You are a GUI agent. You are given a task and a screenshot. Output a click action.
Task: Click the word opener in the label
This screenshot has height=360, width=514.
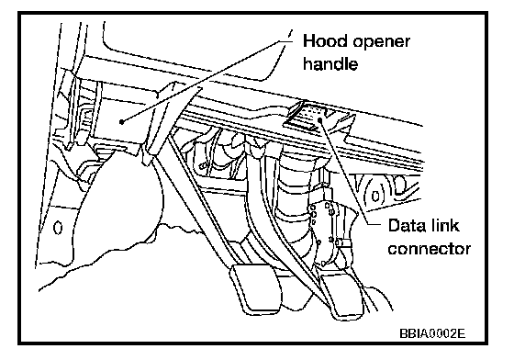382,43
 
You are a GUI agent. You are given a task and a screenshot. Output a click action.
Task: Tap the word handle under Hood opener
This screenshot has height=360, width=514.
330,63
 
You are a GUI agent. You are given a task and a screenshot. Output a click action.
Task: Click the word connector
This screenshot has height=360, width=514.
430,249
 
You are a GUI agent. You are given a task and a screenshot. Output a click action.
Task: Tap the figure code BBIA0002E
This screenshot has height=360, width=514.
432,333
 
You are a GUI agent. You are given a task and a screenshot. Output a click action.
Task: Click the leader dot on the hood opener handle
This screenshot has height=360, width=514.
121,122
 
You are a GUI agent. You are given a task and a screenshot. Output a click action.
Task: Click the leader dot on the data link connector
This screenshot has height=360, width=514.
320,120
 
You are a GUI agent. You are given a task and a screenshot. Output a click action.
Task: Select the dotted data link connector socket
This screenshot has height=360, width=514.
311,114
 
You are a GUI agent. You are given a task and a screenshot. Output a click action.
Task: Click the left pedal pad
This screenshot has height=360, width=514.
256,287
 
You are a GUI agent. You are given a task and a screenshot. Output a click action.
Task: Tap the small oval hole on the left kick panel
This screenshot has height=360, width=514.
58,228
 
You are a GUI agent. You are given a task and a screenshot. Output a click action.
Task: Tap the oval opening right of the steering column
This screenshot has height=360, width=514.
376,196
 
